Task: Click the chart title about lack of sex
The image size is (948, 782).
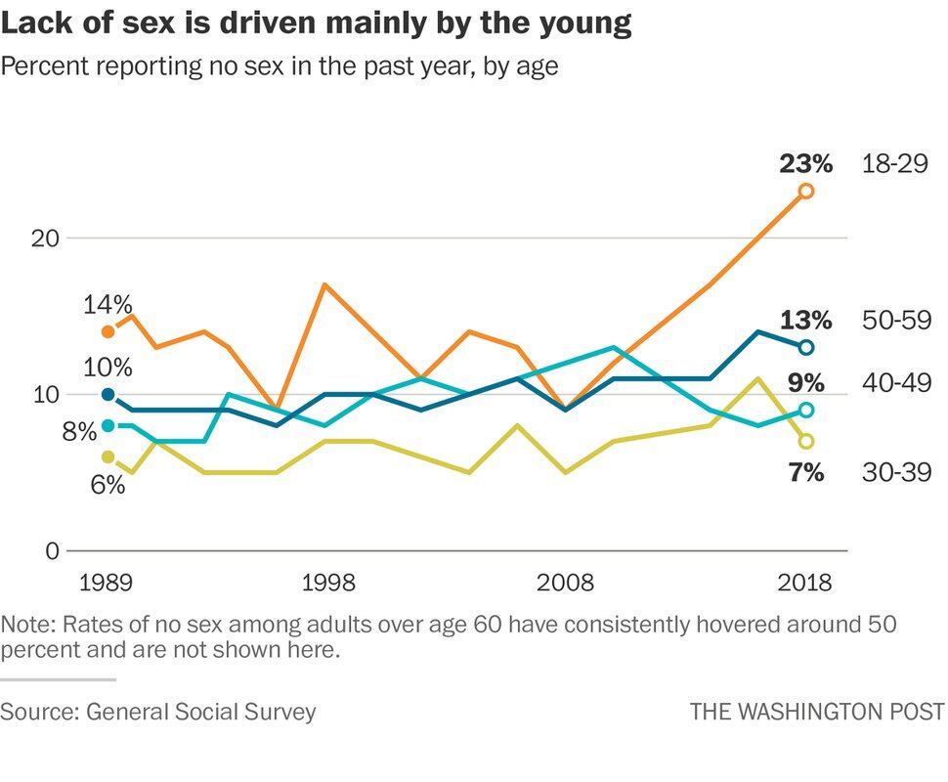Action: click(316, 24)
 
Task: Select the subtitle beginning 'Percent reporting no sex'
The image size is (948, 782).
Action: click(280, 67)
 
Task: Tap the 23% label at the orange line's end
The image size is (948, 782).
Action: click(806, 163)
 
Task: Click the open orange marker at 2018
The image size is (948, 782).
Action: click(806, 191)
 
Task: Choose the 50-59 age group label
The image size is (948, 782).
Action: click(896, 321)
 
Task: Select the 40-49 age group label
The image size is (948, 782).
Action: click(896, 382)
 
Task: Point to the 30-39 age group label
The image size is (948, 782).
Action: click(896, 473)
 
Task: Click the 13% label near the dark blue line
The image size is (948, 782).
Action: click(806, 321)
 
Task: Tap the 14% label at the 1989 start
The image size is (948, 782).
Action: click(108, 305)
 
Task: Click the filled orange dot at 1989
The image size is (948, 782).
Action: click(108, 331)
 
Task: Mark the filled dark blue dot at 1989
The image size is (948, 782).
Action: click(108, 394)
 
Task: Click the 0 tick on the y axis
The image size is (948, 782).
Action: click(51, 550)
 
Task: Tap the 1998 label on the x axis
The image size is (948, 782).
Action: click(327, 584)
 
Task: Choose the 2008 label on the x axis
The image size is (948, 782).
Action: click(566, 584)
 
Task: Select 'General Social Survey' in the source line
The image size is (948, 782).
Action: click(201, 711)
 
